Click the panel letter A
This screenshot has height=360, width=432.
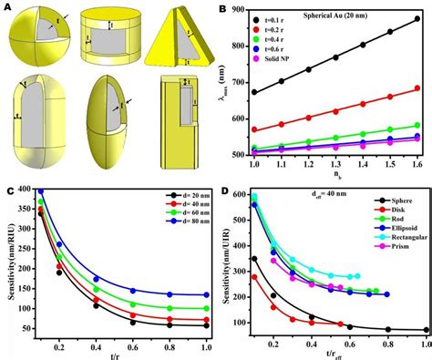(7, 7)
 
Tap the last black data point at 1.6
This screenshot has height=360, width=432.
(417, 18)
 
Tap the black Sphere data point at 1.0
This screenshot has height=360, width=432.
(426, 331)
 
